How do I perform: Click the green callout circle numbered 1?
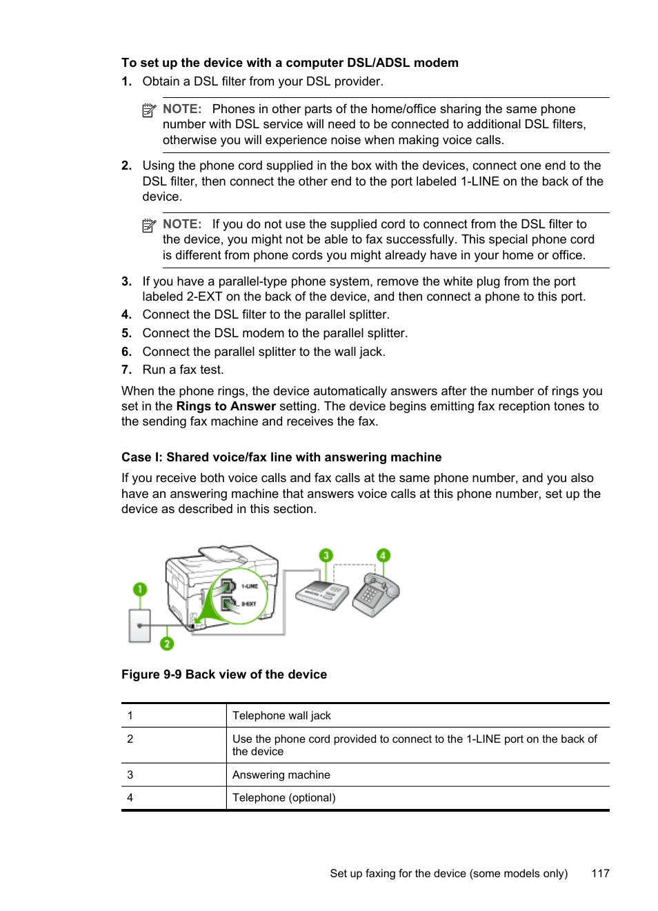(140, 589)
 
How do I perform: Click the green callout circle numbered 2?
(167, 643)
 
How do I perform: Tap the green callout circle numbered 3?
(326, 555)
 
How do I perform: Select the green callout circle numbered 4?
(383, 555)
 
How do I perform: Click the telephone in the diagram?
(376, 594)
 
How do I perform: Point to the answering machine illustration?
(322, 594)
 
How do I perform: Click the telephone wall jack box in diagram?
(140, 625)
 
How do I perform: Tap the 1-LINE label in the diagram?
(249, 586)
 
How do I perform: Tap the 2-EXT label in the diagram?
(248, 604)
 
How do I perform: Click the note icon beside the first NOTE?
(149, 110)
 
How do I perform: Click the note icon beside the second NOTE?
(149, 226)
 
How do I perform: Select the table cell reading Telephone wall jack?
(281, 716)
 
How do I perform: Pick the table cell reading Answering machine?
(281, 775)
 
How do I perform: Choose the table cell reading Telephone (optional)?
(283, 798)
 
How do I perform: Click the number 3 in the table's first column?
(130, 775)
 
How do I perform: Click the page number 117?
(600, 874)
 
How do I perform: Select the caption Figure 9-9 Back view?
(224, 674)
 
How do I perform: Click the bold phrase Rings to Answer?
(226, 406)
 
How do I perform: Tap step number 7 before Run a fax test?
(126, 370)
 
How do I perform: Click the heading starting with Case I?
(281, 457)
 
